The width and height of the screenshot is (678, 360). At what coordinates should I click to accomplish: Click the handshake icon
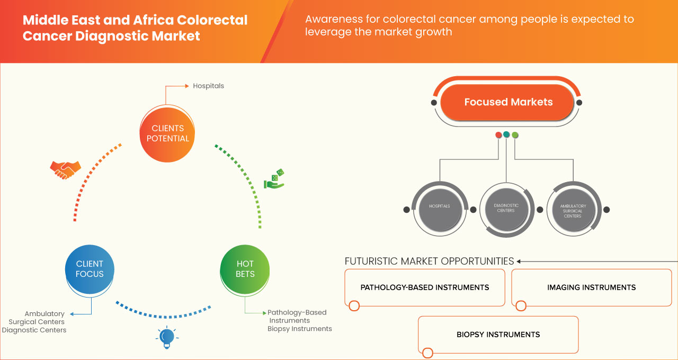pyautogui.click(x=65, y=169)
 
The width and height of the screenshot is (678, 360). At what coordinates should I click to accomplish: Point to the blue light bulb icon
pyautogui.click(x=167, y=337)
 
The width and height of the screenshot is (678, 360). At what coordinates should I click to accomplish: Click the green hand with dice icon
pyautogui.click(x=274, y=179)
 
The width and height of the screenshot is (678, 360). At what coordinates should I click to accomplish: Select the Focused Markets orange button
pyautogui.click(x=508, y=102)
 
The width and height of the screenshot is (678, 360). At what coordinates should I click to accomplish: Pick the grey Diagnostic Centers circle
pyautogui.click(x=506, y=208)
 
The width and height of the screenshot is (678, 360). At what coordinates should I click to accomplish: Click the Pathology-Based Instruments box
pyautogui.click(x=424, y=287)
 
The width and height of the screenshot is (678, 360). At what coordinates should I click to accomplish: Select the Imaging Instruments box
pyautogui.click(x=591, y=287)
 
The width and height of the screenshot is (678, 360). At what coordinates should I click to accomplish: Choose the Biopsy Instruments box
pyautogui.click(x=498, y=335)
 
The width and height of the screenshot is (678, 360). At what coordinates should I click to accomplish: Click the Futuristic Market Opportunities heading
pyautogui.click(x=429, y=261)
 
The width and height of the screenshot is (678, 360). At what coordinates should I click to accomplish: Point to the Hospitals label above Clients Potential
pyautogui.click(x=208, y=86)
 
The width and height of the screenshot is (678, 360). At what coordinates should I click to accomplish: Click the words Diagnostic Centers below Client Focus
pyautogui.click(x=34, y=330)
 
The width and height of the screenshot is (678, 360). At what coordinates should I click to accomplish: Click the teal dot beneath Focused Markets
pyautogui.click(x=506, y=135)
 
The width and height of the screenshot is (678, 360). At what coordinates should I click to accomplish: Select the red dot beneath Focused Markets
pyautogui.click(x=498, y=135)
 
